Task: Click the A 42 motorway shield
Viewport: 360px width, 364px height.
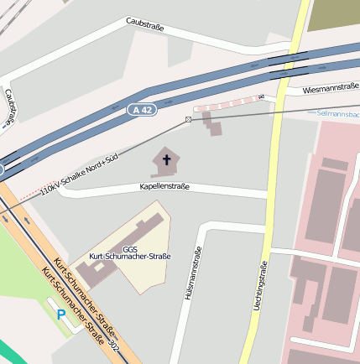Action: tap(142, 110)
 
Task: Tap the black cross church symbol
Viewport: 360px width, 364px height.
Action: tap(166, 159)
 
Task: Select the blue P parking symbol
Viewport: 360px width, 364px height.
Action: tap(60, 315)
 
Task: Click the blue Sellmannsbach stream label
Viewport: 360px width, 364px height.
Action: tap(337, 112)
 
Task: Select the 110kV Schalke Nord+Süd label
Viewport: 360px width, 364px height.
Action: tap(79, 178)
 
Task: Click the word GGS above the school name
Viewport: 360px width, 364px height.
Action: tap(130, 248)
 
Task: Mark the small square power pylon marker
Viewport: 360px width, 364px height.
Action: tap(188, 120)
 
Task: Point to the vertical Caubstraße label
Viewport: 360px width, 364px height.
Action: tap(9, 107)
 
